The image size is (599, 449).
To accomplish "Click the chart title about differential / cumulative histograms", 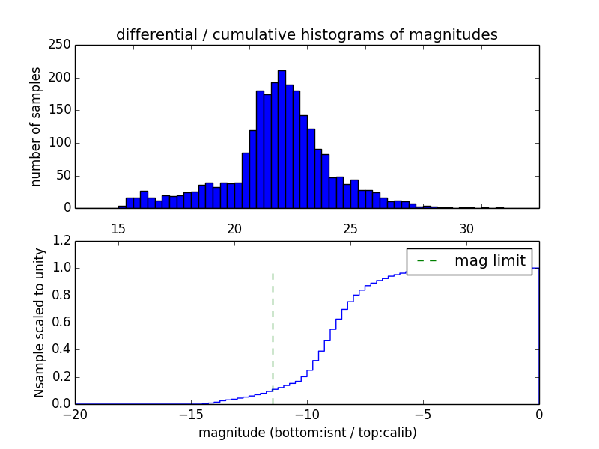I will click(x=306, y=34).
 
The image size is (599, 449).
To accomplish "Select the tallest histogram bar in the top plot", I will click(x=282, y=139).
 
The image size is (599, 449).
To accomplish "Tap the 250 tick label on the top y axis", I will click(x=62, y=45).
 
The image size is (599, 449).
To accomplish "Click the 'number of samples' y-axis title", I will click(x=36, y=126).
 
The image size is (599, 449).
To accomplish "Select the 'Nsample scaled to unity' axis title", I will click(x=40, y=323).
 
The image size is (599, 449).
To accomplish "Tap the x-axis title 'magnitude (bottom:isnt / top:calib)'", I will click(x=307, y=433).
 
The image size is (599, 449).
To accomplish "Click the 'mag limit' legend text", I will click(x=490, y=260).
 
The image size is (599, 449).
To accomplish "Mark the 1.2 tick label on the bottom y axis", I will click(x=62, y=241).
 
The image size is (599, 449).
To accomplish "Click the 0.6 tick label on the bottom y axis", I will click(x=62, y=323).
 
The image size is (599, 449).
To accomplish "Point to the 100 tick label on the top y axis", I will click(x=62, y=110).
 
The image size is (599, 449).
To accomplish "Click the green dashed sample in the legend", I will click(x=425, y=261).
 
